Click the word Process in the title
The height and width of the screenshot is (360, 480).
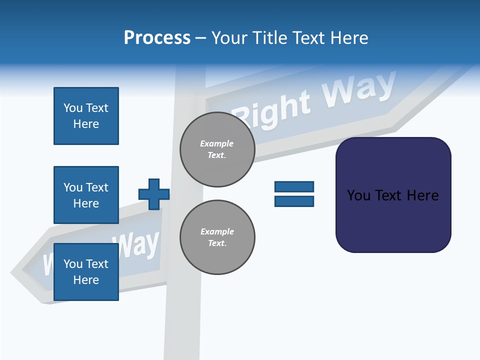(157, 38)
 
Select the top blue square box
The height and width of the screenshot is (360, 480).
(86, 116)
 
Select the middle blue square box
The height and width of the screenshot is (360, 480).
(86, 195)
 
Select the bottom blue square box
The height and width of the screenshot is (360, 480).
(86, 272)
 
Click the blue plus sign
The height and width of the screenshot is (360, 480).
(154, 194)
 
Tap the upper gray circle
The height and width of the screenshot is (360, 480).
(217, 149)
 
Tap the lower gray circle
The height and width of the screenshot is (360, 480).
(217, 237)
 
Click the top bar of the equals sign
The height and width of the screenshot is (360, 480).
(294, 186)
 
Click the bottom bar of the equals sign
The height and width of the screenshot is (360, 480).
(294, 201)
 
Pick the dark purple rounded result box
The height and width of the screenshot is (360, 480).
(393, 195)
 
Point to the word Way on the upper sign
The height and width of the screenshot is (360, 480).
(358, 90)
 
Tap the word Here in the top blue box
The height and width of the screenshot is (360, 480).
(86, 124)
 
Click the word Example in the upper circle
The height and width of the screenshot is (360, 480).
(217, 143)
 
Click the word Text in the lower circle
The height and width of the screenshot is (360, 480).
(217, 243)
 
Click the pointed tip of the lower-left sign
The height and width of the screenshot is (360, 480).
(12, 273)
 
